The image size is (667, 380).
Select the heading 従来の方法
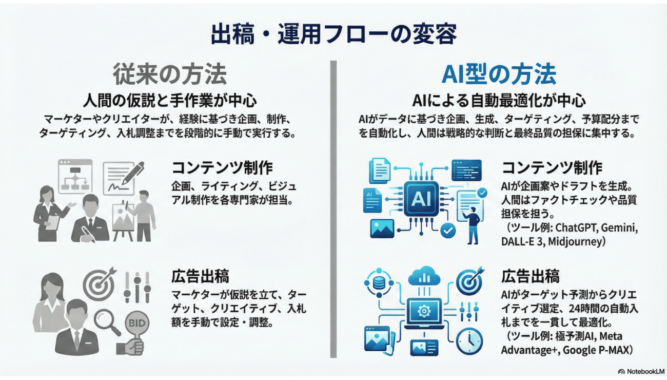170,74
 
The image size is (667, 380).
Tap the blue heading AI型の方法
498,74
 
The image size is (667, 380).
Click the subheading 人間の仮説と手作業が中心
170,99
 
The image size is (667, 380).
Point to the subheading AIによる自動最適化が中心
499,99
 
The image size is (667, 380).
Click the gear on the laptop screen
424,311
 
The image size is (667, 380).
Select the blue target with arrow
470,280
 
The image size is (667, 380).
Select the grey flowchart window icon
75,176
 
